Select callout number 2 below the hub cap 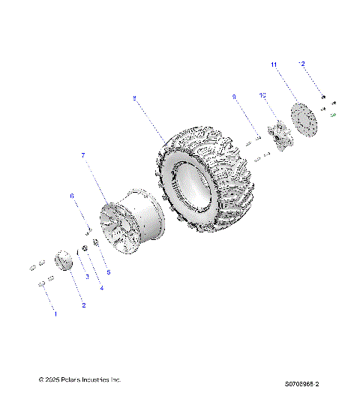coord(83,305)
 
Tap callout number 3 coord(87,277)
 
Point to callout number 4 coord(101,287)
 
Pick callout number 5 coord(107,271)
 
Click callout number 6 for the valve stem coord(73,196)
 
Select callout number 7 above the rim coord(83,155)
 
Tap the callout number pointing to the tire coord(134,97)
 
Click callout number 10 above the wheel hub coord(263,96)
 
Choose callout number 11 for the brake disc coord(274,65)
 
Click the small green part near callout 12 coord(332,115)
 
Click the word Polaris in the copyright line coord(67,380)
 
